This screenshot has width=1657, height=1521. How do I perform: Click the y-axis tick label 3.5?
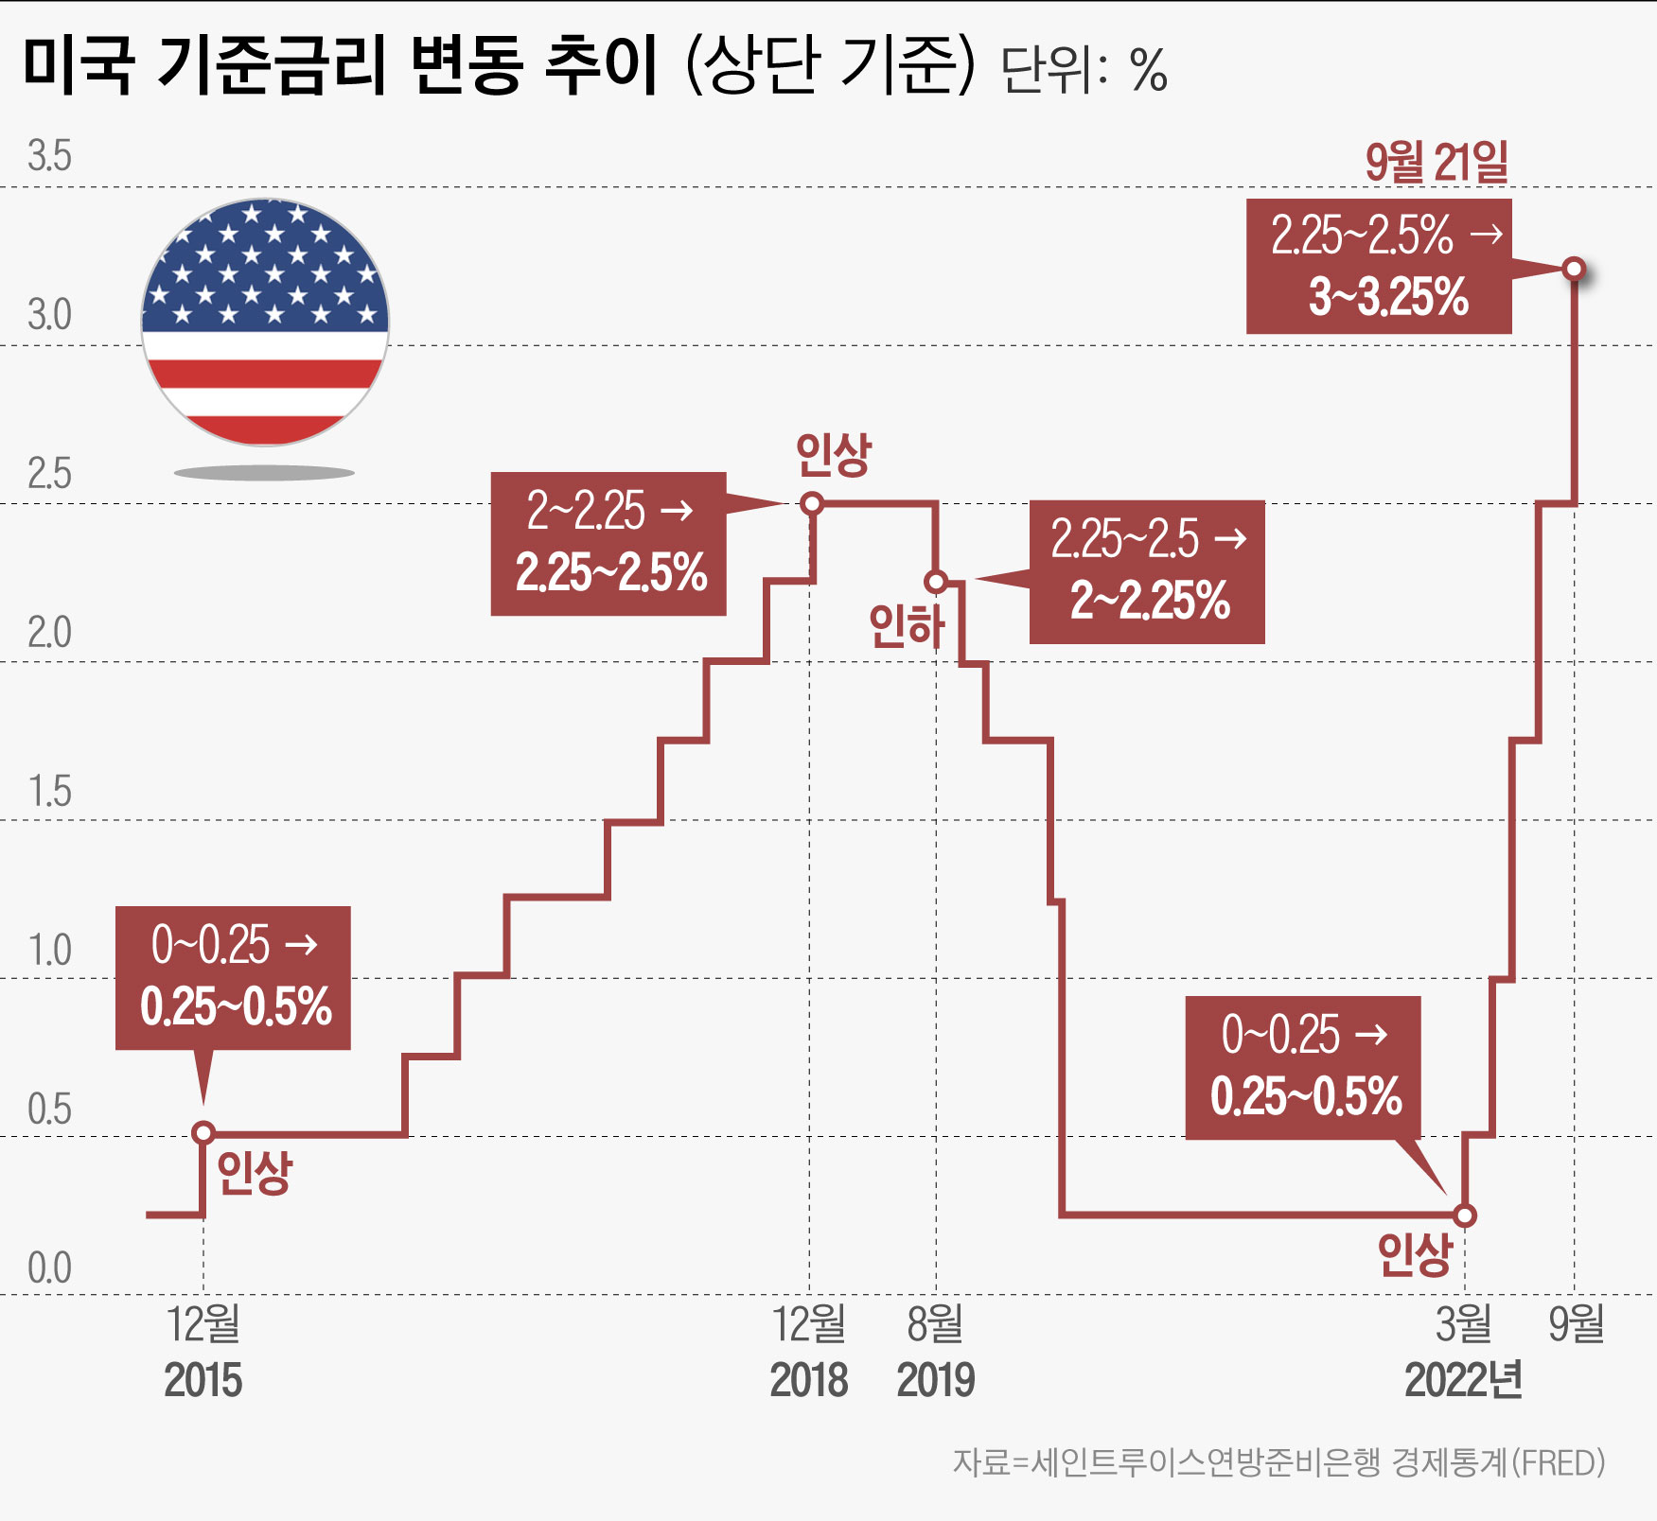coord(49,156)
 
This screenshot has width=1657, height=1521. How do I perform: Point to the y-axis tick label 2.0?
coord(49,632)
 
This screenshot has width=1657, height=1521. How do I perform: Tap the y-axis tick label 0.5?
coord(49,1109)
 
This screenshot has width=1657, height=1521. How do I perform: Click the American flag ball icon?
coord(265,323)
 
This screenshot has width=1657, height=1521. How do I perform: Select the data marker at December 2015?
coord(203,1132)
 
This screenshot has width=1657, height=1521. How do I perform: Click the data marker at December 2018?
coord(811,503)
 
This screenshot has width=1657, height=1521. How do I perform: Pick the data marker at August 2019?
coord(936,581)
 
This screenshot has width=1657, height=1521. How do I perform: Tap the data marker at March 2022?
coord(1464,1215)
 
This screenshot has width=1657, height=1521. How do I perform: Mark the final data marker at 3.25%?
coord(1574,269)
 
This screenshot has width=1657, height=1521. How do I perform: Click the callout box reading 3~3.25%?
coord(1378,267)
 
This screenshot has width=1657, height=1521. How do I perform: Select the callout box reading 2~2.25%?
coord(1147,572)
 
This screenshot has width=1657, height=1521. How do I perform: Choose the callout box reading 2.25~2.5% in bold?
coord(608,544)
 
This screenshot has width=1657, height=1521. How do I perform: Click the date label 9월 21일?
coord(1436,162)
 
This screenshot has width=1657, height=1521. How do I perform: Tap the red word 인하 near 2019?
coord(907,626)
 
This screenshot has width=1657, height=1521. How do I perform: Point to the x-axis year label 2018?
coord(809,1380)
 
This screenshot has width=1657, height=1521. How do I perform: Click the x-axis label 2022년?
coord(1463,1380)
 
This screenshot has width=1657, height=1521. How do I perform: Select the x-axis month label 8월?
coord(935,1323)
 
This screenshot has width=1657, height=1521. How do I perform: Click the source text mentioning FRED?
coord(1278,1462)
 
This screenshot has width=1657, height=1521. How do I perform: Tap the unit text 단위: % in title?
coord(1084,70)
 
